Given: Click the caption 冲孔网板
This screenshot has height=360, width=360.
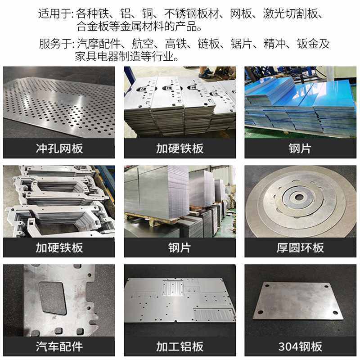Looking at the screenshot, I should click(59, 148).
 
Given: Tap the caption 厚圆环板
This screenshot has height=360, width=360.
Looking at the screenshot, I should click(300, 247).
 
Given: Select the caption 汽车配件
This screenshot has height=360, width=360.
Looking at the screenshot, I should click(59, 346).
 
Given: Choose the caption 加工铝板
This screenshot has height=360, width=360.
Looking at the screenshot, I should click(180, 346).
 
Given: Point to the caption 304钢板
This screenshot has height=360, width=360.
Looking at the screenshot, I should click(300, 346).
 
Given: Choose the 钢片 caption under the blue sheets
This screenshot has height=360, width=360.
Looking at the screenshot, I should click(300, 148).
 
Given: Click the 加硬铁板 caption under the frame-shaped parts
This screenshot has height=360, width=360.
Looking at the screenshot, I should click(59, 247).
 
